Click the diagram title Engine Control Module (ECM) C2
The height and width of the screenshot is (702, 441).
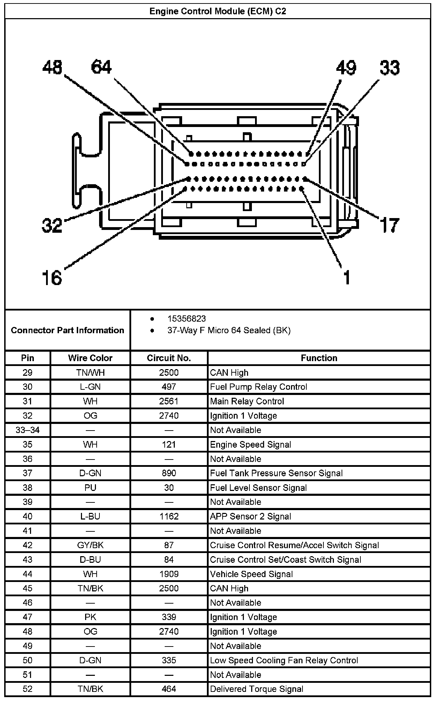tap(217, 12)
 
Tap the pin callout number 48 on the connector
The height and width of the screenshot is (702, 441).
tap(52, 67)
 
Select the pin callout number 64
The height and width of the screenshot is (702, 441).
tap(101, 67)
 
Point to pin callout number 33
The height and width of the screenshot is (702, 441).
tap(390, 68)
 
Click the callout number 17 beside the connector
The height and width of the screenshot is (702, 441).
tap(389, 225)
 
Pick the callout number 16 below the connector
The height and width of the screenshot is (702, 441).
tap(52, 278)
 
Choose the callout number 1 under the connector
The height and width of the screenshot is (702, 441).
tap(346, 278)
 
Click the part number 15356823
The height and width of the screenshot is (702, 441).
tap(187, 319)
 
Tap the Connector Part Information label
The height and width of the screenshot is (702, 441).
tap(67, 330)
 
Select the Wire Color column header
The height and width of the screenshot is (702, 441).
tap(90, 358)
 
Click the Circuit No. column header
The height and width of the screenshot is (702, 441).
tap(169, 358)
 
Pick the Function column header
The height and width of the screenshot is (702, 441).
tap(319, 358)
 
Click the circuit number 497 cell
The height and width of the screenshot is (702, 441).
tap(169, 387)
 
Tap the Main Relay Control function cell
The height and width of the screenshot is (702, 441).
tap(247, 401)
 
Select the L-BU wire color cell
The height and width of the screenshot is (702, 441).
tap(90, 516)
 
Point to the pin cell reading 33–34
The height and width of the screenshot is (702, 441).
tap(28, 430)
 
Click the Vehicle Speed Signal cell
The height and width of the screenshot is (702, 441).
tap(251, 574)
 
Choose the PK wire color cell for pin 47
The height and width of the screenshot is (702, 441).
tap(90, 617)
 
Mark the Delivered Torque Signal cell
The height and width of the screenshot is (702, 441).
tap(256, 689)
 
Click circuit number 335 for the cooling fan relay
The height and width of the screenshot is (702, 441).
tap(169, 660)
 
